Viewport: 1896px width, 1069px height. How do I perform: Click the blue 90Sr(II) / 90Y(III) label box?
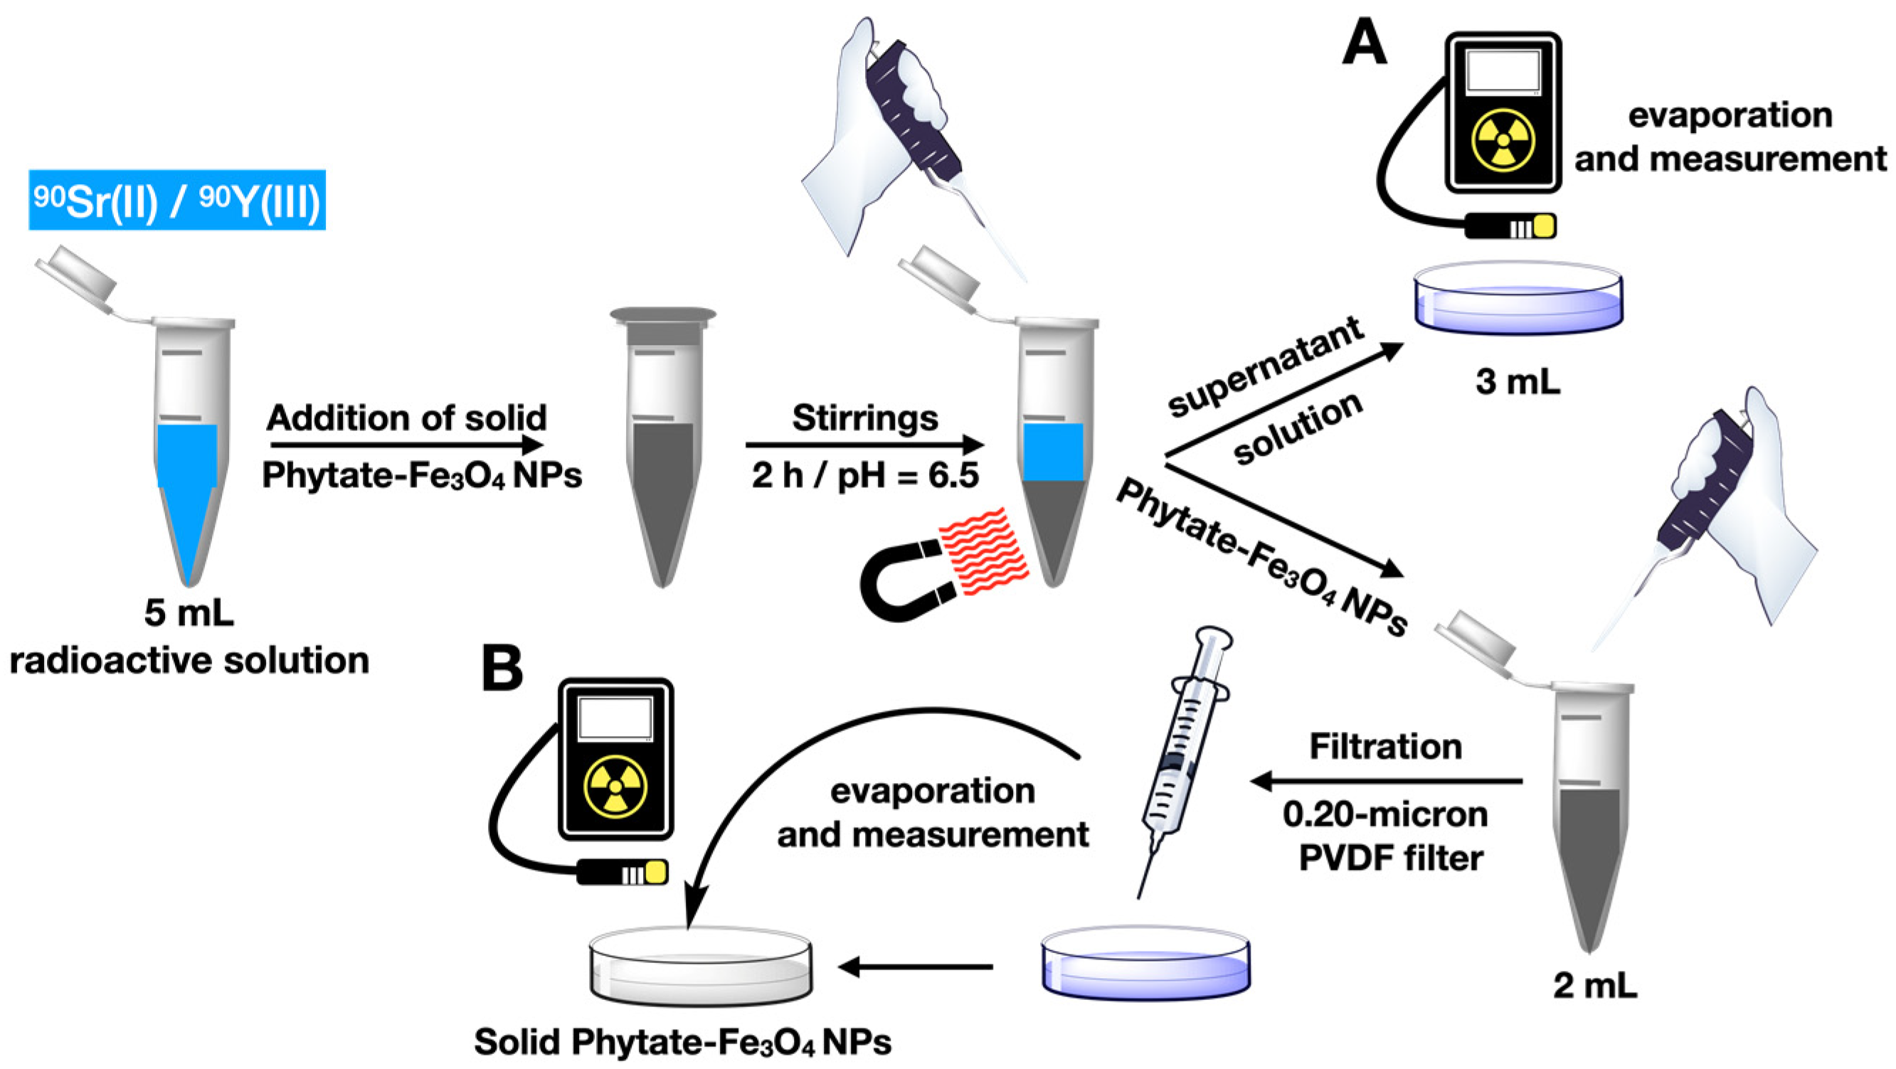(176, 200)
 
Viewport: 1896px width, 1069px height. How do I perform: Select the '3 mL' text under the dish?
(1518, 382)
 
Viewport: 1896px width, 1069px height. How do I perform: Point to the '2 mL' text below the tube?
(1595, 986)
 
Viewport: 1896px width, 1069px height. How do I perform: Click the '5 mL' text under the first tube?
(189, 612)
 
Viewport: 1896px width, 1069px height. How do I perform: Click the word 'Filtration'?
(1385, 747)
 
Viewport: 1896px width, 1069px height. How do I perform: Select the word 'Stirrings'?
(865, 418)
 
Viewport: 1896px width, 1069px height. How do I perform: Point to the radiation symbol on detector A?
(1503, 139)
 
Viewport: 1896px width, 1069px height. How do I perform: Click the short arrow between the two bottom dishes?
(915, 967)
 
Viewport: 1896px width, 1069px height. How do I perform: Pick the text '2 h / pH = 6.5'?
(865, 476)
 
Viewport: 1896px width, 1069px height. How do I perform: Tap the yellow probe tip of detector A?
(1544, 226)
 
